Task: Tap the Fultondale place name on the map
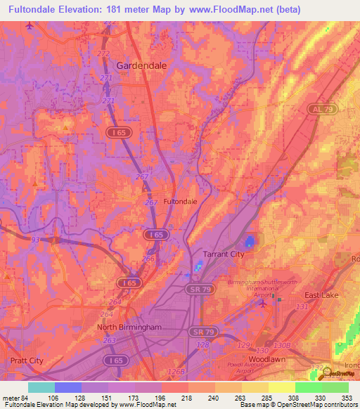[180, 201]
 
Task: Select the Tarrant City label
[223, 254]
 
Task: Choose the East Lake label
[321, 295]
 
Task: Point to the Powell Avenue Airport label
[245, 368]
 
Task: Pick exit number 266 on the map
[148, 258]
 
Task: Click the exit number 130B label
[281, 345]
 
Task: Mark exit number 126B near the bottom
[176, 372]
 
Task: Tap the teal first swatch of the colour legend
[41, 387]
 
